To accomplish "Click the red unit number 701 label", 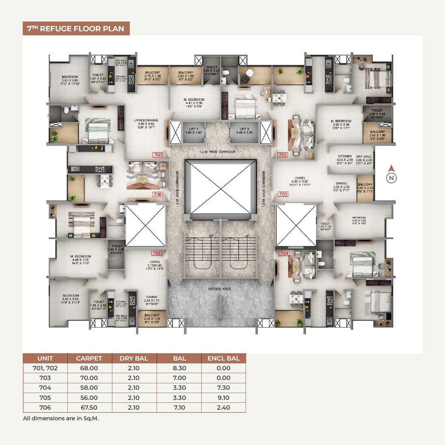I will point(158,155).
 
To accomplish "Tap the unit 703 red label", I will point(283,194).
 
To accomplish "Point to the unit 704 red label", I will point(284,253).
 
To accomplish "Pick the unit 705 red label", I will point(157,253).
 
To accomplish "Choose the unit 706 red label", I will point(158,194).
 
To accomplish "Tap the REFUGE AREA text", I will point(220,289).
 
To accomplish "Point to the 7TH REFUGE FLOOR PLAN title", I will point(76,28).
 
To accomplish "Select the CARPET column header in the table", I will point(89,358).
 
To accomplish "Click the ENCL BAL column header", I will point(224,358).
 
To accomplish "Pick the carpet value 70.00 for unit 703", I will point(89,378).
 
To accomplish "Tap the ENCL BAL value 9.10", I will point(224,398).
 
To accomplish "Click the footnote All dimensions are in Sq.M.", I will point(61,418).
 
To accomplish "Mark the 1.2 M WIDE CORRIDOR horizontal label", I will point(217,152).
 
